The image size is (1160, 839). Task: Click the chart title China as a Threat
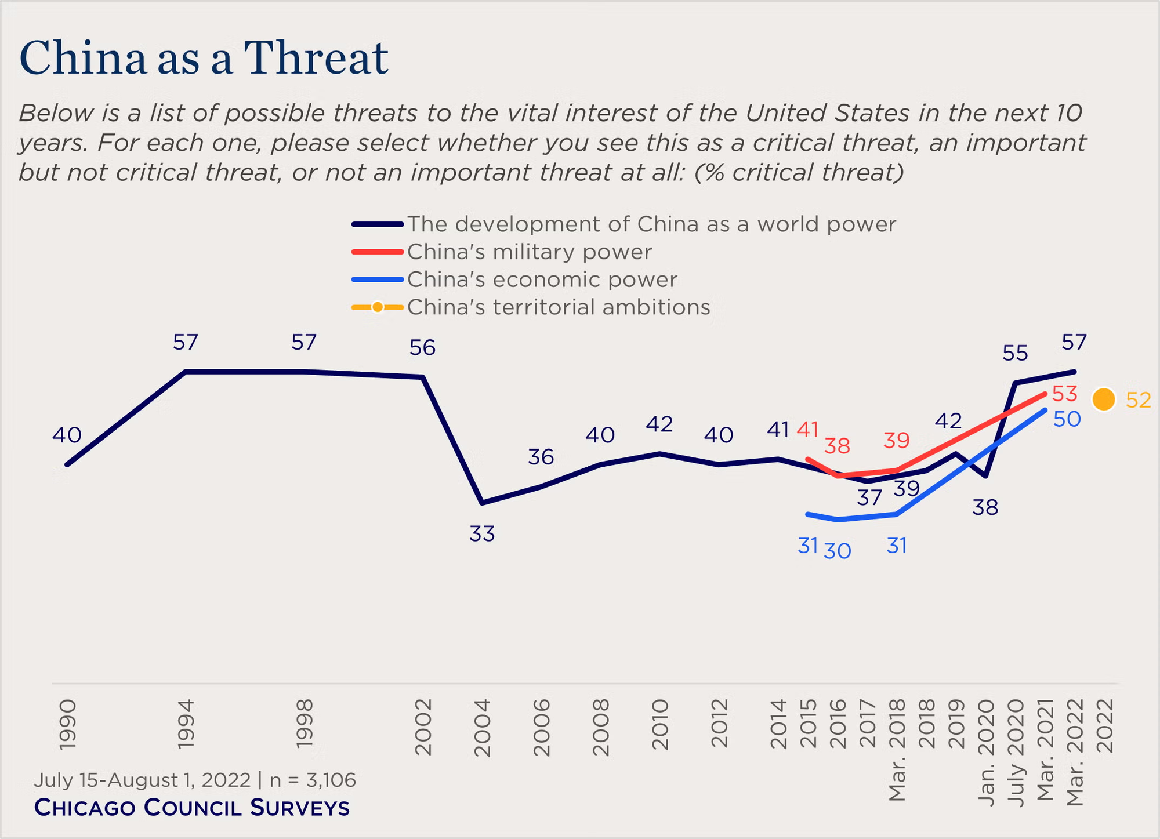point(204,58)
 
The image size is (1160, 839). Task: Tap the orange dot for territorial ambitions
point(1103,399)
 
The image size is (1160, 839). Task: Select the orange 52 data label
point(1138,400)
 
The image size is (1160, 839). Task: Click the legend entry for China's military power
point(530,252)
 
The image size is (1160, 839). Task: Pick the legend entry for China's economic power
point(542,279)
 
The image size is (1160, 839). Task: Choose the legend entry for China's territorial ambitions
point(558,307)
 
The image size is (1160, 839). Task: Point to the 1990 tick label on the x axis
point(67,724)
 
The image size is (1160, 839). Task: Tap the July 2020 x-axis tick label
point(1015,751)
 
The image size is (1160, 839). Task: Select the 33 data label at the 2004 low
point(482,533)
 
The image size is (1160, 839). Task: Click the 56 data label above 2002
point(422,347)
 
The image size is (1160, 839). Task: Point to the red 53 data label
point(1064,394)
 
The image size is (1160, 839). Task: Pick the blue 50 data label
point(1067,419)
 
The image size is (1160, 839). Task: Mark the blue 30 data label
point(838,551)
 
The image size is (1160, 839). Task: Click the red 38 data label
point(837,446)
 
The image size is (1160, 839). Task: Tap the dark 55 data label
point(1015,353)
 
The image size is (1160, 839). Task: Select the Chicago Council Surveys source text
point(192,808)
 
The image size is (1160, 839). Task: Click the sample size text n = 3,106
point(313,780)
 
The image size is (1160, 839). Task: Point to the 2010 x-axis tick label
point(659,724)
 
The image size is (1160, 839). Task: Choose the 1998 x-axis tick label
point(304,724)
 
